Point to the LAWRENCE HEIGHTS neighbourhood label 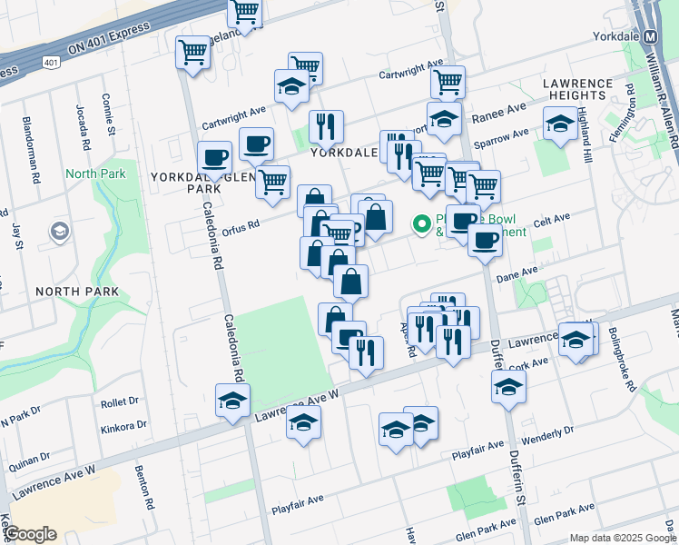coord(586,89)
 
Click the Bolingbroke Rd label coord(623,359)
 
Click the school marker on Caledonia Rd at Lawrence coord(232,400)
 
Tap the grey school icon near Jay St coord(61,233)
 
